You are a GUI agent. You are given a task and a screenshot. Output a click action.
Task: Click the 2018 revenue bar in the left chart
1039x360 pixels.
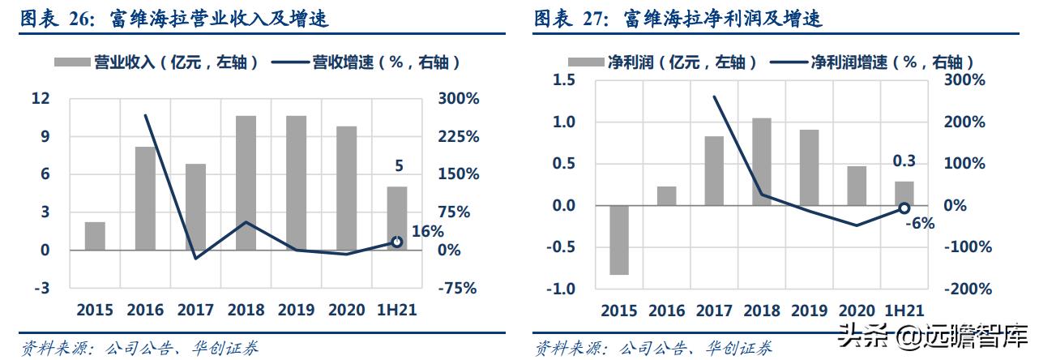tap(246, 182)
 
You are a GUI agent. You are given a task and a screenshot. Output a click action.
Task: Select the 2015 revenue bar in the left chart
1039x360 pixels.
tap(95, 235)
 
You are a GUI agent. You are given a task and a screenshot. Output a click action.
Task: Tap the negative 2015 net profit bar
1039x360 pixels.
tap(619, 240)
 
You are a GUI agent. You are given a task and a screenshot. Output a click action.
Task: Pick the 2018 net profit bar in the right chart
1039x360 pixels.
tap(762, 161)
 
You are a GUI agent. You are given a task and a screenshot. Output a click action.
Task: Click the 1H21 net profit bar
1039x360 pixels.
tap(904, 194)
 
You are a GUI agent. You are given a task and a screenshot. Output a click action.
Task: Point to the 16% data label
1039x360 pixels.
tap(428, 231)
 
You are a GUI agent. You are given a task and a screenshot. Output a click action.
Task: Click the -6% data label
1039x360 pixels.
tap(919, 223)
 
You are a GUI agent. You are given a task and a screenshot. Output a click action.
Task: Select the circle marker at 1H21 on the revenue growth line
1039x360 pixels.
tap(396, 242)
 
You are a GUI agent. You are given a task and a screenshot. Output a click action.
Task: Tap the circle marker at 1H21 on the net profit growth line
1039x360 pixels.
tap(904, 208)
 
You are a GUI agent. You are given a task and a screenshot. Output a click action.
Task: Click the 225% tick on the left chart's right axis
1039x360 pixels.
tap(460, 136)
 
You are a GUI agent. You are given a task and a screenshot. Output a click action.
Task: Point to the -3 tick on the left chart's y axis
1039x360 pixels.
tap(41, 288)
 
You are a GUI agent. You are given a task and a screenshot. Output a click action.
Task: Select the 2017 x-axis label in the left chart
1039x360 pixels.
tap(195, 310)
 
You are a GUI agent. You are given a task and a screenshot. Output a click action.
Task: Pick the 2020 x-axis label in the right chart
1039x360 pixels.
tap(857, 311)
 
